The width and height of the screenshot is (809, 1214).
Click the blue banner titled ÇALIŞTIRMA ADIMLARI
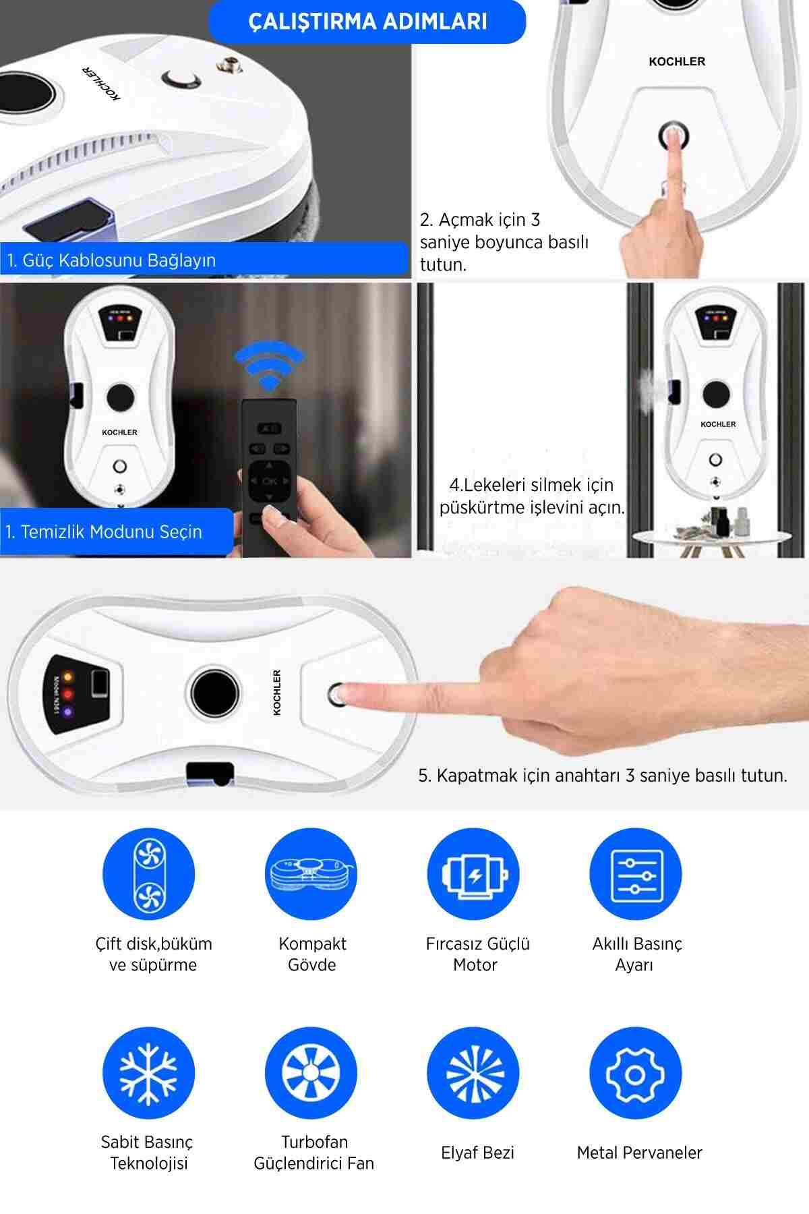pyautogui.click(x=367, y=21)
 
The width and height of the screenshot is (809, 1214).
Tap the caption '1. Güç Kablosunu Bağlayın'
pyautogui.click(x=112, y=260)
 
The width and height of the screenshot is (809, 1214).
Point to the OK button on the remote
pyautogui.click(x=270, y=481)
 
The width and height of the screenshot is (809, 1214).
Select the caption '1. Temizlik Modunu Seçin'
pyautogui.click(x=104, y=531)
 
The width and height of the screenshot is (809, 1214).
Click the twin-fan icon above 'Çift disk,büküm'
pyautogui.click(x=149, y=874)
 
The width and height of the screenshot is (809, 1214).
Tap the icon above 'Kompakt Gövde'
pyautogui.click(x=311, y=874)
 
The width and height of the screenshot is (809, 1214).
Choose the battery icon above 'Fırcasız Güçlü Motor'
pyautogui.click(x=474, y=874)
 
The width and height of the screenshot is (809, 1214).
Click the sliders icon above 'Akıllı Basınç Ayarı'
pyautogui.click(x=636, y=874)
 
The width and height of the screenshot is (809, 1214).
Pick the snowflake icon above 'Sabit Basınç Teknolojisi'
pyautogui.click(x=149, y=1073)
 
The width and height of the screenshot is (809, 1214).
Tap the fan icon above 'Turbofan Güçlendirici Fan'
pyautogui.click(x=311, y=1073)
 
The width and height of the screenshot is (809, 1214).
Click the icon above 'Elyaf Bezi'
pyautogui.click(x=474, y=1073)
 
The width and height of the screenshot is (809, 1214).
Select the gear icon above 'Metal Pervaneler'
pyautogui.click(x=636, y=1073)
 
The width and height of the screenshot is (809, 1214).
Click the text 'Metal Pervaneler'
pyautogui.click(x=639, y=1153)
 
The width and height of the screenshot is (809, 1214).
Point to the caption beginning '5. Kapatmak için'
pyautogui.click(x=603, y=776)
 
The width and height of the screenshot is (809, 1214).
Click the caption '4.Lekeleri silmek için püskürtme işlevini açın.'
pyautogui.click(x=532, y=496)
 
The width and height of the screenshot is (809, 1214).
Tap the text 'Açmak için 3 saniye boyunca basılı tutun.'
pyautogui.click(x=504, y=242)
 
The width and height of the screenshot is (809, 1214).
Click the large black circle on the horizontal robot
pyautogui.click(x=214, y=693)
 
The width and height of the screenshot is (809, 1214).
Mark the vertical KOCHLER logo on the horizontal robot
pyautogui.click(x=277, y=693)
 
